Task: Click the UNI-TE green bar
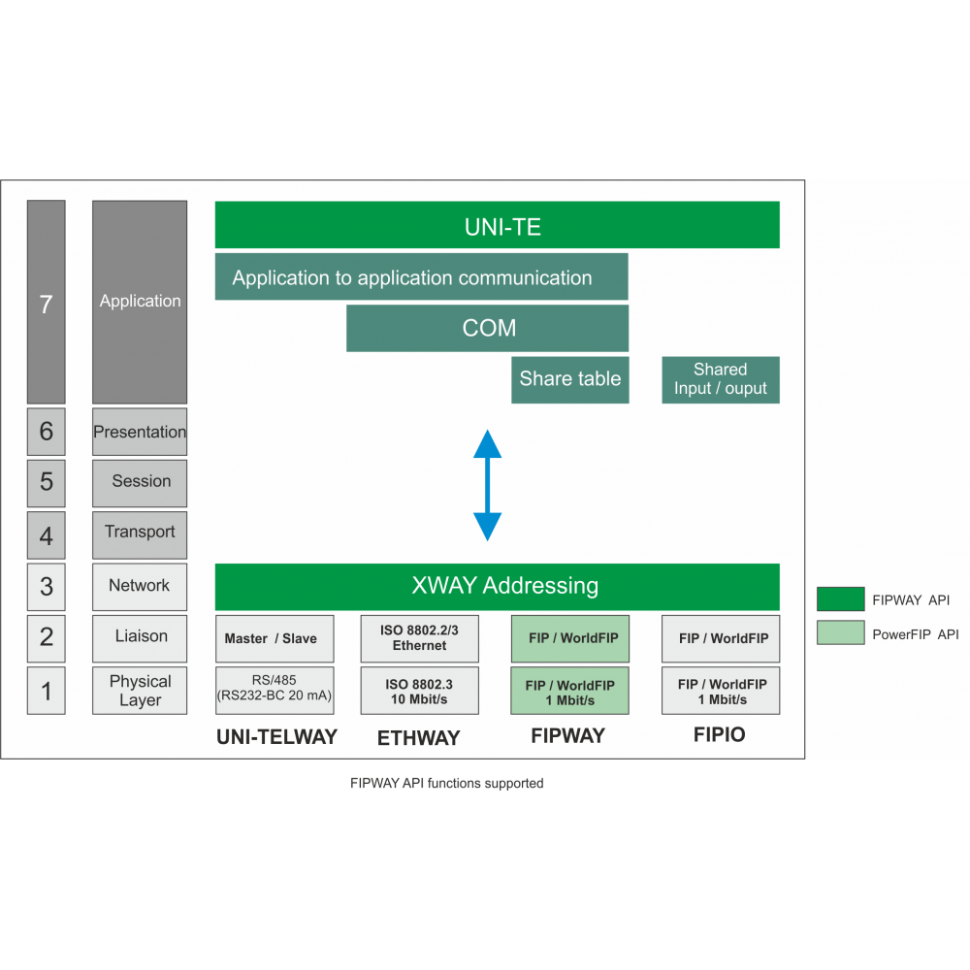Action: pyautogui.click(x=497, y=225)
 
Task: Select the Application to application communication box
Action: pyautogui.click(x=421, y=277)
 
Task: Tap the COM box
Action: pyautogui.click(x=487, y=328)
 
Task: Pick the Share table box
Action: pyautogui.click(x=569, y=379)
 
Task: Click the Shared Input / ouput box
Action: pyautogui.click(x=721, y=379)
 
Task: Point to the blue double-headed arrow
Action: pyautogui.click(x=487, y=485)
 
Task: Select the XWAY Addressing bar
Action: pyautogui.click(x=497, y=586)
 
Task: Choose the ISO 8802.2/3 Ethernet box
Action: pyautogui.click(x=419, y=638)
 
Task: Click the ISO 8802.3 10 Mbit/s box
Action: pyautogui.click(x=419, y=691)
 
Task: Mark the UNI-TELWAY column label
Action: pyautogui.click(x=276, y=737)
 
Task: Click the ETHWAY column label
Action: pyautogui.click(x=418, y=738)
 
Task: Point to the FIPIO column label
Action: pyautogui.click(x=720, y=735)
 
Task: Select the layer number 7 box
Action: pyautogui.click(x=46, y=303)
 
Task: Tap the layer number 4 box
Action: pyautogui.click(x=46, y=535)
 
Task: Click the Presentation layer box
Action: pyautogui.click(x=140, y=433)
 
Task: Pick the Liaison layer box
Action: pyautogui.click(x=140, y=637)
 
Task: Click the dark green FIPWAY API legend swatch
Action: pyautogui.click(x=840, y=599)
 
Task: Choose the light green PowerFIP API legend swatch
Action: pyautogui.click(x=840, y=633)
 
